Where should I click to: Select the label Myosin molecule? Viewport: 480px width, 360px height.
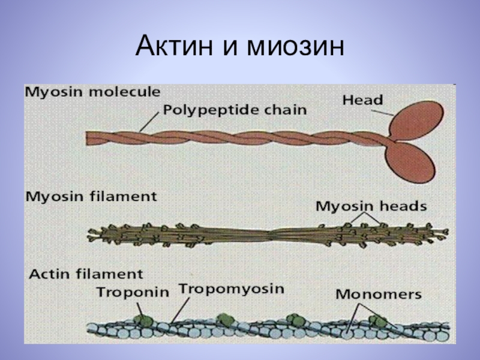point(92,92)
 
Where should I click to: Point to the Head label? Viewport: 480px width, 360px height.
point(362,100)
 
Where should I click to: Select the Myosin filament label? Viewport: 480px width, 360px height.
point(91,196)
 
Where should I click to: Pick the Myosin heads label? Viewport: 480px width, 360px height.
point(371,206)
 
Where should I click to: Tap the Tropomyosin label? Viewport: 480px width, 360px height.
point(231,289)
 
